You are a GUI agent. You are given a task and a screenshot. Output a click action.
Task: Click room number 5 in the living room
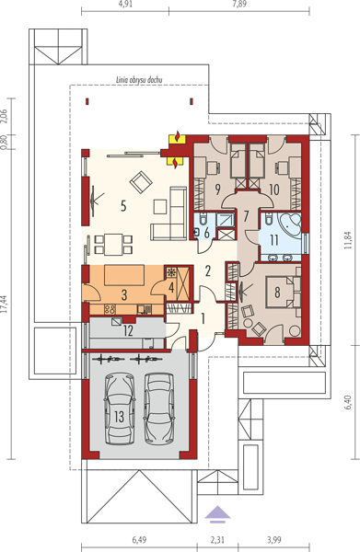point(123,205)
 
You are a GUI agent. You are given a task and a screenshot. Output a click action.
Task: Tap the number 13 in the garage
point(120,417)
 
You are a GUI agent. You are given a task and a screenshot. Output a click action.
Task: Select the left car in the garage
point(120,408)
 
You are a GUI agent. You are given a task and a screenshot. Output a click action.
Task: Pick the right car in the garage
point(159,408)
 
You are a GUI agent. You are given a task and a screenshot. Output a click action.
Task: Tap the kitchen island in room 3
point(124,276)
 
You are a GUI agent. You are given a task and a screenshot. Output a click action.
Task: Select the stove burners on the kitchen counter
point(110,309)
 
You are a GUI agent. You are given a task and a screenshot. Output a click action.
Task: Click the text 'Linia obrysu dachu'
point(139,80)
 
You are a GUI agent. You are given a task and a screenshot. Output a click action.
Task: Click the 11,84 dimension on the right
point(348,241)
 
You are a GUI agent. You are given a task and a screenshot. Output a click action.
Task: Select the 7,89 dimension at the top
point(239,5)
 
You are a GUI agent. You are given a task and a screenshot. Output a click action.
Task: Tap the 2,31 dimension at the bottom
point(217,540)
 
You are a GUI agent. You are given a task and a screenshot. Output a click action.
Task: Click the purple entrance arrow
point(217,513)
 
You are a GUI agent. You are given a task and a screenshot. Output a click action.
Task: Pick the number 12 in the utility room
point(128,331)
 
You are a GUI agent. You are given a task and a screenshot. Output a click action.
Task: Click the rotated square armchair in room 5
point(141,182)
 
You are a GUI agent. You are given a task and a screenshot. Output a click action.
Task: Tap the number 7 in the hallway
point(246,216)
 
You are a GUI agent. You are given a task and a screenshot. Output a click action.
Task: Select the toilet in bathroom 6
point(203,219)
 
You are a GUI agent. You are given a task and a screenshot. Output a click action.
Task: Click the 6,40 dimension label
point(348,402)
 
